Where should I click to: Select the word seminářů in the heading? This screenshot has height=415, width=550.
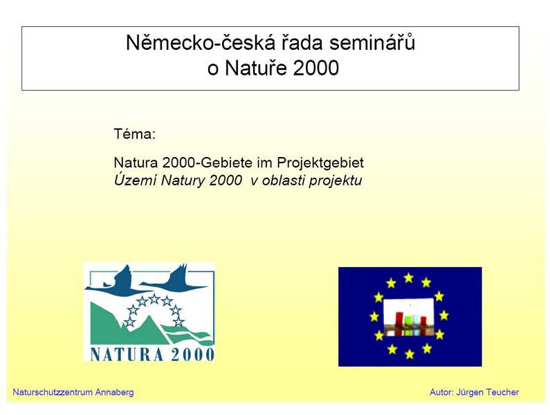coord(372,43)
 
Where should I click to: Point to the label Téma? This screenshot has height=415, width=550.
coord(134,134)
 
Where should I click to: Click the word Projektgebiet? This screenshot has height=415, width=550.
coord(320,163)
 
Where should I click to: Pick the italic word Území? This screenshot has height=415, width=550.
coord(136,180)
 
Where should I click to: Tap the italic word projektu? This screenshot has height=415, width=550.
coord(336,181)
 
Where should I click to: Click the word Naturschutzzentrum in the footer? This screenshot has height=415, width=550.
coord(53,392)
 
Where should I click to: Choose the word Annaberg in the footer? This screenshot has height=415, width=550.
coord(114,393)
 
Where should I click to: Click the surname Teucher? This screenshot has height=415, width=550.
coord(502,392)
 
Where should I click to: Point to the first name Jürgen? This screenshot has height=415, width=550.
coord(470,393)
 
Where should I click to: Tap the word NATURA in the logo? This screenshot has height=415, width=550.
coord(127,354)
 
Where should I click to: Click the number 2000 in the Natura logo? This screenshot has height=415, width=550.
coord(192,354)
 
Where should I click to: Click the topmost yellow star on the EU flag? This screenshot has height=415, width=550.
coord(408,278)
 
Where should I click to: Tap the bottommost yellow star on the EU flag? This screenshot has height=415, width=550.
coord(410,354)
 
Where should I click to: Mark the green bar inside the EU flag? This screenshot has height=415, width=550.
coord(408,325)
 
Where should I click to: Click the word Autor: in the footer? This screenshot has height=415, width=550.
coord(441,392)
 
